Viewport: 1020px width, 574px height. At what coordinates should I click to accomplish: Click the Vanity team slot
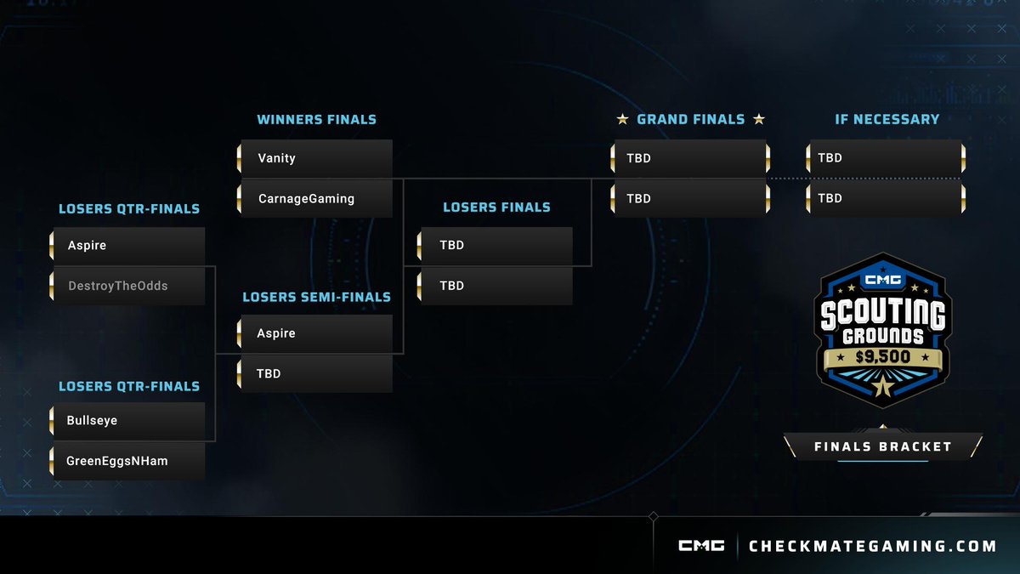316,158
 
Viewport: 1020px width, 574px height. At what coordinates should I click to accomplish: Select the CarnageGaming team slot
316,199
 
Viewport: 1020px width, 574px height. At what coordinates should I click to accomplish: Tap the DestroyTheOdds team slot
127,287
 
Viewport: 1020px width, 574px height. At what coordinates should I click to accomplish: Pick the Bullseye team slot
127,421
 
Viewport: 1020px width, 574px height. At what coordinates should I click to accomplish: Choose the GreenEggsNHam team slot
127,461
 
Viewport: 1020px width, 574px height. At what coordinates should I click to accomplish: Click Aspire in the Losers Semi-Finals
316,333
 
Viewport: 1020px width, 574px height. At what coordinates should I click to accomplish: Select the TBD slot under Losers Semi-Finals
316,373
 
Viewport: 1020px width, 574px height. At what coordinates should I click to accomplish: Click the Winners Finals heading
316,120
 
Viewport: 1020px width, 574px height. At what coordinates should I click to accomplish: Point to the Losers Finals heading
496,207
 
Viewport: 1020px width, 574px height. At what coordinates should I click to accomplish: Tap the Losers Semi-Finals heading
316,298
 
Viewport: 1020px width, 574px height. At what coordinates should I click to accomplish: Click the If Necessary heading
887,119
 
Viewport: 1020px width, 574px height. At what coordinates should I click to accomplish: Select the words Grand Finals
690,120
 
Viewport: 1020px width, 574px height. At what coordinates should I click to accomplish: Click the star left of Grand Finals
623,120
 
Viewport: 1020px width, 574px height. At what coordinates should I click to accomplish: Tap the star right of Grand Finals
758,120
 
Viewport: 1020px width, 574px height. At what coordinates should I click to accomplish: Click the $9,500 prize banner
882,356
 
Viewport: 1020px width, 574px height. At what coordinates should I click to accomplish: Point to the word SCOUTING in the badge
882,314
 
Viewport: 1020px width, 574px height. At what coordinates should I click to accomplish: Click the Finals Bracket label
882,446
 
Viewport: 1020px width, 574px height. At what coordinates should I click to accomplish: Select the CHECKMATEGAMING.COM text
872,546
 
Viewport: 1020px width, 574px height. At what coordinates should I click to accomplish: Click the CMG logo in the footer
701,546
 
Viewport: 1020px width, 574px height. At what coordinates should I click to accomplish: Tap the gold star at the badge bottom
882,388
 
